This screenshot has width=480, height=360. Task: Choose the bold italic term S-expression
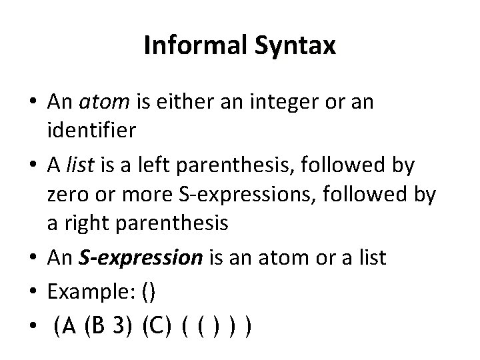(147, 257)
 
